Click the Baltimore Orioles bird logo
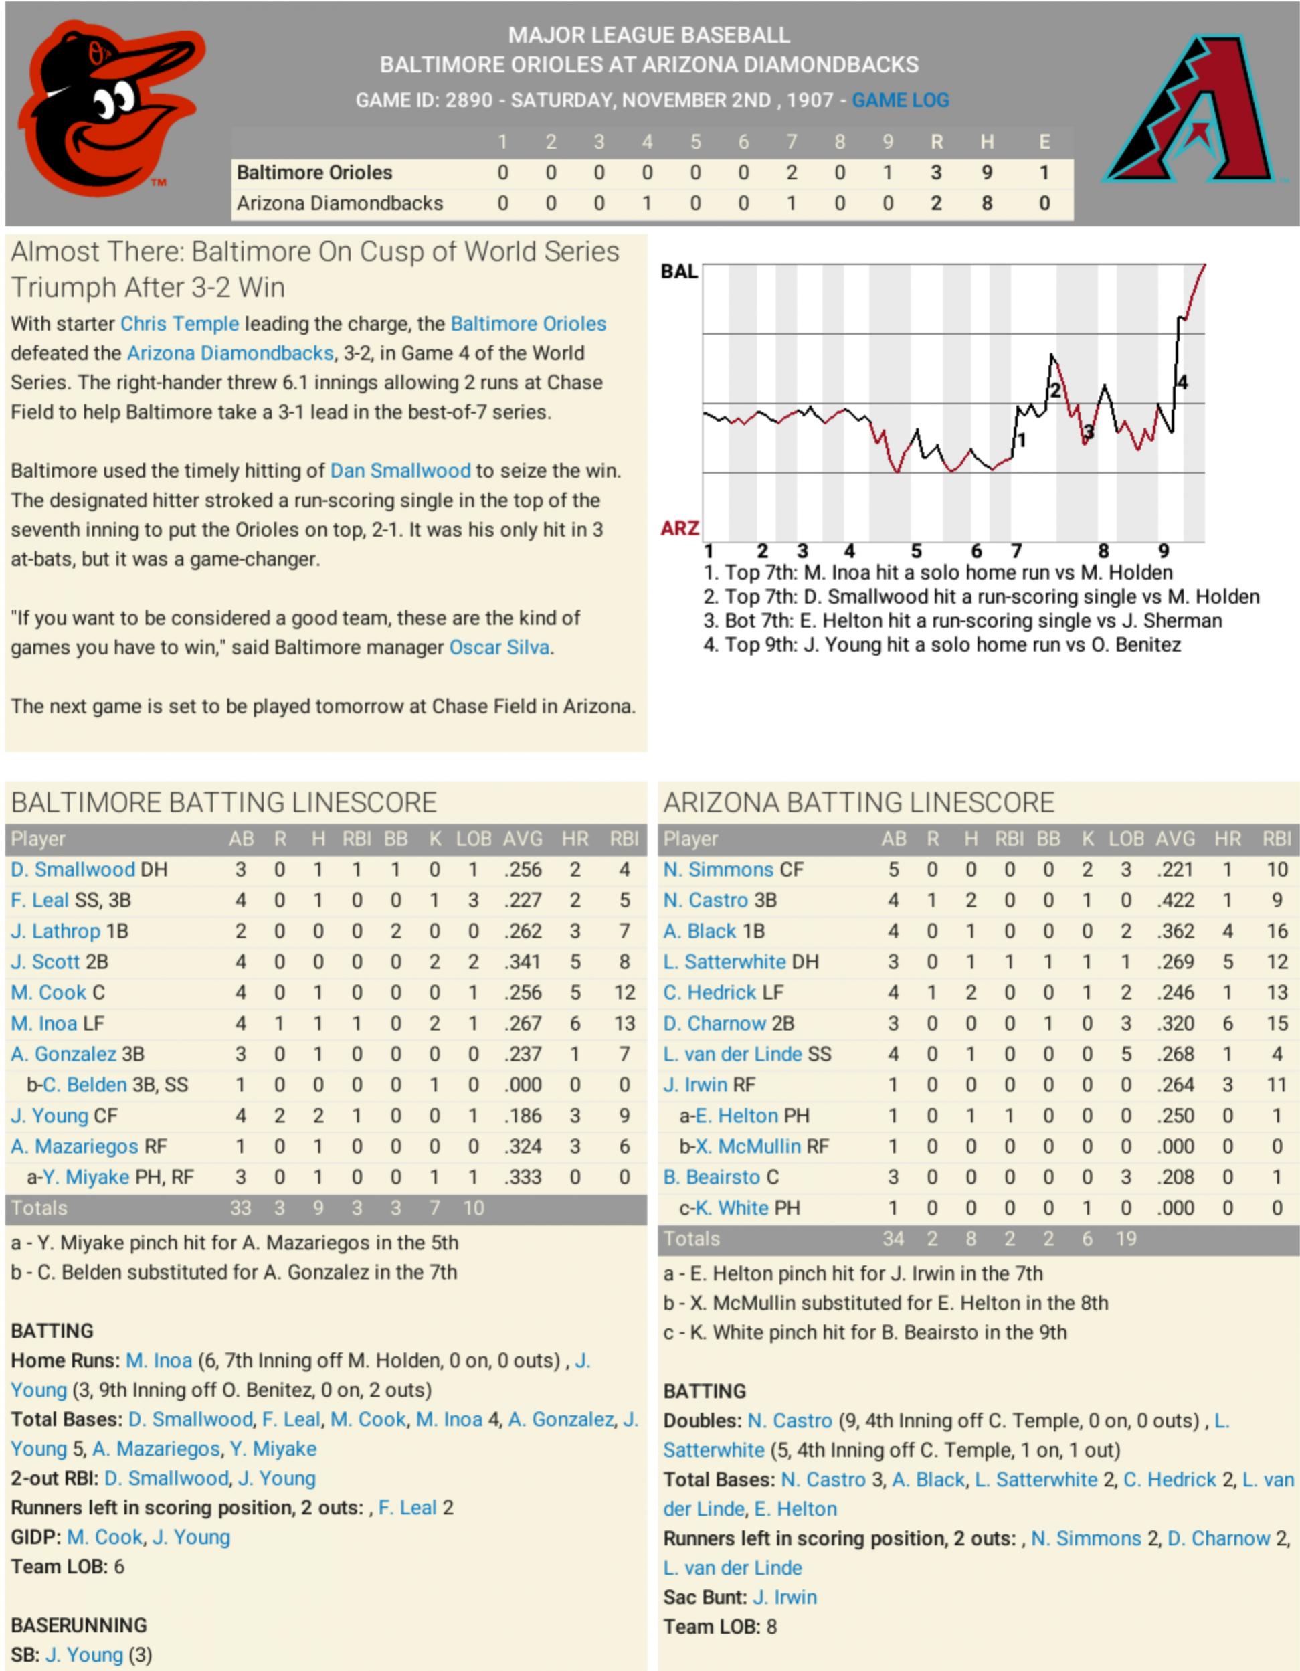tap(107, 108)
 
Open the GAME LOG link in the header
tap(900, 100)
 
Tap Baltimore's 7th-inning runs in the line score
tap(791, 173)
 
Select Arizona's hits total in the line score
tap(987, 203)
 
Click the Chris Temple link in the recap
tap(180, 324)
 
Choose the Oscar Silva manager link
tap(499, 647)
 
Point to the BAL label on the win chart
tap(678, 272)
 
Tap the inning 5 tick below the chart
tap(916, 551)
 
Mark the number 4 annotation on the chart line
tap(1182, 382)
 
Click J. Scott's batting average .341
tap(523, 962)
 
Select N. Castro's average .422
tap(1176, 901)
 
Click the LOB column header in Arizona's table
tap(1125, 839)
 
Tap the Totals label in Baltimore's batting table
tap(39, 1208)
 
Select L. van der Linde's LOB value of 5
tap(1125, 1054)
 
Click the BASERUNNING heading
tap(79, 1625)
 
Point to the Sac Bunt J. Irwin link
tap(784, 1597)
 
